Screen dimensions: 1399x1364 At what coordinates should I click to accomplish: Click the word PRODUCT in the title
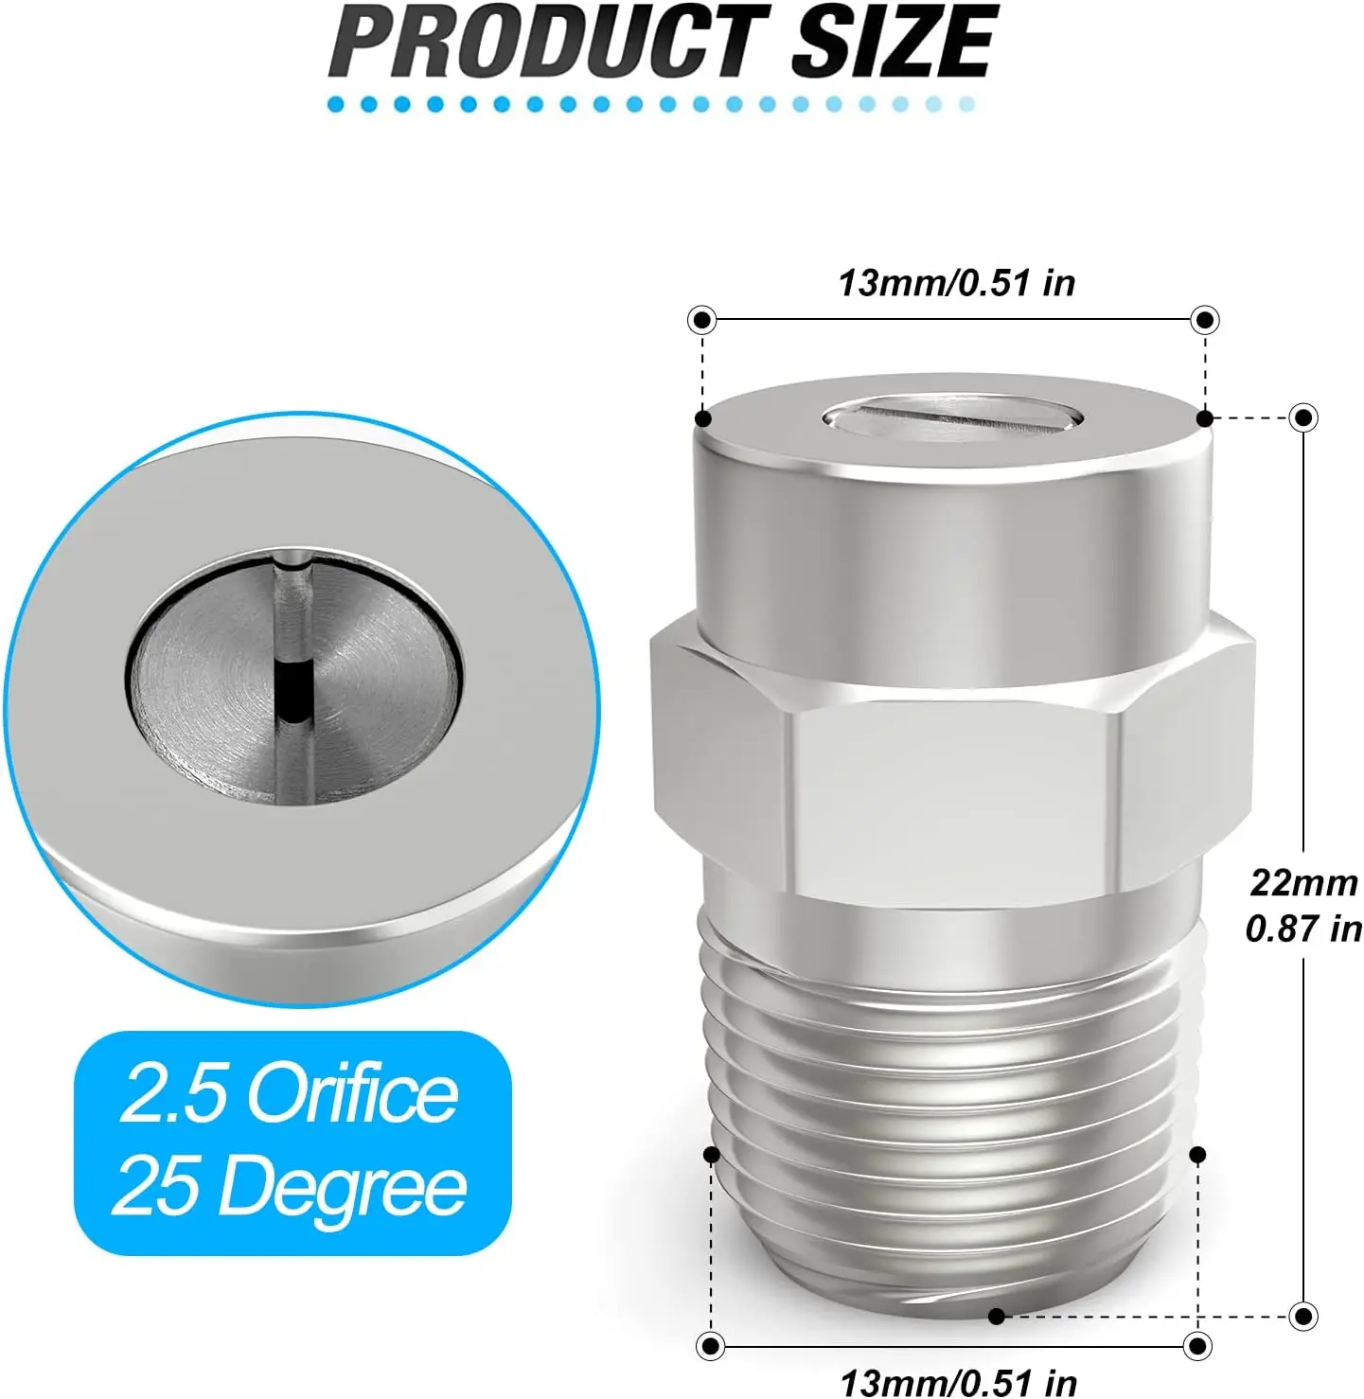550,43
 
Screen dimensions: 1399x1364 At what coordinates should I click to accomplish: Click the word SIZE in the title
894,43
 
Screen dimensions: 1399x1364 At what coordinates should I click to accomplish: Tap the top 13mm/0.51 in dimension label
956,283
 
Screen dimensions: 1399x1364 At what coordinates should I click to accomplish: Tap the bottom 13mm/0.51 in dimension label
958,1382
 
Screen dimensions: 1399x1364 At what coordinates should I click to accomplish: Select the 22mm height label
1303,882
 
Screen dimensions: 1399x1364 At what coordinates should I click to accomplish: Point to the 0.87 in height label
1303,929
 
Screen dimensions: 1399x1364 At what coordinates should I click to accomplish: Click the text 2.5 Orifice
290,1094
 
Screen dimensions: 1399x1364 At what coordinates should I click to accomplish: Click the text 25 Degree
290,1187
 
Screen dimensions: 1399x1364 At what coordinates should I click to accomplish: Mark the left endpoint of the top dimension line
701,320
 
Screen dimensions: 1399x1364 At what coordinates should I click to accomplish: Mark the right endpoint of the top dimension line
1204,320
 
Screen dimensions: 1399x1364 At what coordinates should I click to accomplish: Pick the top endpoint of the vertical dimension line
1303,417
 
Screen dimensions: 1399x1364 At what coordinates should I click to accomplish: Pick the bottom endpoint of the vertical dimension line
1303,1316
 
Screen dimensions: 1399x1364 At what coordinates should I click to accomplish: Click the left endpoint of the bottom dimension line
711,1345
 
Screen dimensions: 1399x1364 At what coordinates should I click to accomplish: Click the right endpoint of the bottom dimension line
1197,1345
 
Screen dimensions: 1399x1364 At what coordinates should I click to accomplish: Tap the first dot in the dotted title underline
336,104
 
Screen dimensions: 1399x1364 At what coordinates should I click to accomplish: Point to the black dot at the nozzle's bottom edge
996,1316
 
